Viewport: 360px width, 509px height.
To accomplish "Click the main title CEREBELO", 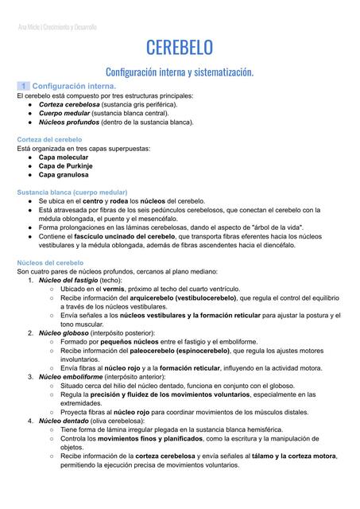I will click(x=180, y=49).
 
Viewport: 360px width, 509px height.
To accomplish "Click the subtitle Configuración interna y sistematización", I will click(x=180, y=72).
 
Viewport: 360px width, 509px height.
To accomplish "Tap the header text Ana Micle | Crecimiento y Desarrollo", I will click(x=57, y=26).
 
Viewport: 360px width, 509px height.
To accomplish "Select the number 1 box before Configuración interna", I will click(x=25, y=85).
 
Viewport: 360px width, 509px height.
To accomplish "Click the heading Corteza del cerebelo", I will click(x=49, y=139).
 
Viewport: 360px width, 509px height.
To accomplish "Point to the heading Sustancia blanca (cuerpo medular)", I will click(x=72, y=192).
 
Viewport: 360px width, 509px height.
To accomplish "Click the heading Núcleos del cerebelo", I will click(x=51, y=262).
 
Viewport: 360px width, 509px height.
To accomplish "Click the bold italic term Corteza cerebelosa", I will click(x=70, y=104).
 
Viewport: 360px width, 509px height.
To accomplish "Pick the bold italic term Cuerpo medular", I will click(x=64, y=114).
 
